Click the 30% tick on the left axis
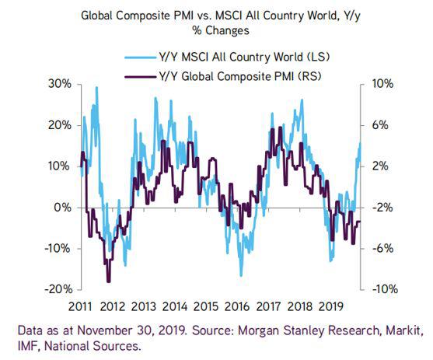tap(79, 84)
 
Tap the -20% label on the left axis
tap(58, 289)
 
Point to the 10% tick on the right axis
tap(363, 84)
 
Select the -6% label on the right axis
tap(382, 248)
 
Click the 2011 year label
tap(80, 306)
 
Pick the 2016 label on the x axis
tap(237, 306)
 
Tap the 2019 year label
tap(331, 306)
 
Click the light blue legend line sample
tap(140, 58)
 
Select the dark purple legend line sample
tap(140, 76)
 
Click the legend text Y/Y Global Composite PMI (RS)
tap(240, 76)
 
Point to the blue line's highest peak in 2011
tap(96, 87)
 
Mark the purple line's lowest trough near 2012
tap(109, 281)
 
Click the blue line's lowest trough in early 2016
tap(241, 275)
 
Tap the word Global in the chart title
tap(97, 16)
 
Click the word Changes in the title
tap(227, 30)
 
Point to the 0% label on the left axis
tap(63, 208)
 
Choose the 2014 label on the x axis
tap(175, 306)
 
